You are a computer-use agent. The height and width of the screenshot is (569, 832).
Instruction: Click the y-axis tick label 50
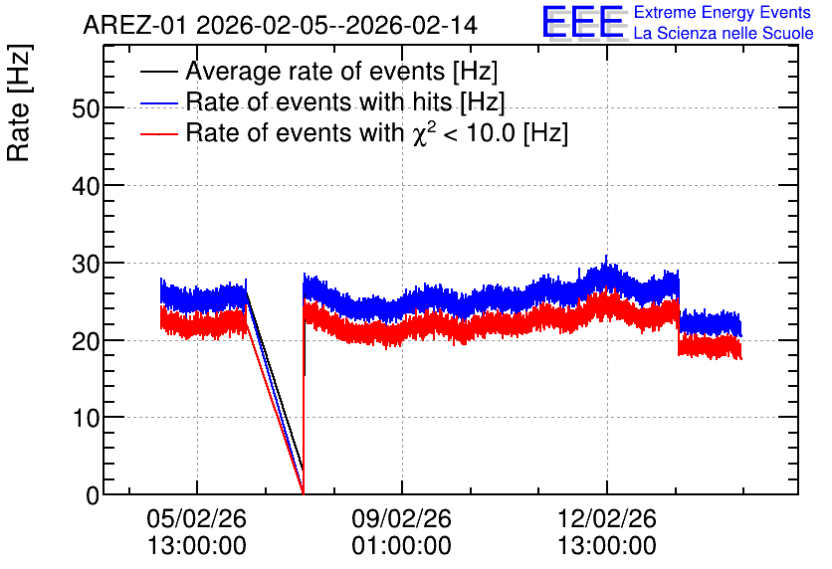coord(86,108)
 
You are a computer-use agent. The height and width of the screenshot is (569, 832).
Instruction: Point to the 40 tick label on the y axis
coord(86,186)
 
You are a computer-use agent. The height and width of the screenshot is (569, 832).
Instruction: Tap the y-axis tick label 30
coord(86,264)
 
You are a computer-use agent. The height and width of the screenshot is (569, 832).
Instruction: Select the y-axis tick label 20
coord(86,341)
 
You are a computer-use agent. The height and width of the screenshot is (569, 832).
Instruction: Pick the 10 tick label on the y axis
coord(86,419)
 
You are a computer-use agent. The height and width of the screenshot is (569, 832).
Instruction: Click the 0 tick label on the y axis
coord(93,495)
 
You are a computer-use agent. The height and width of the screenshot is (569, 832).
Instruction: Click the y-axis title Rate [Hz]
coord(19,102)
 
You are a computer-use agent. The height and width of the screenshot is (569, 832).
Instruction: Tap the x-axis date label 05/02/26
coord(196,518)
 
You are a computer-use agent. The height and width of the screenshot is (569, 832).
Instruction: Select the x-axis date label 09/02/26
coord(401,518)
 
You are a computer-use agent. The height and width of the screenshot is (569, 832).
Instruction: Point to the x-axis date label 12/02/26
coord(606,518)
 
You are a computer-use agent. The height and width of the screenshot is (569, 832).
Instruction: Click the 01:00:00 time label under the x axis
coord(401,546)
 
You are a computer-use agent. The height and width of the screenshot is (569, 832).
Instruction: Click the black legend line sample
coord(158,72)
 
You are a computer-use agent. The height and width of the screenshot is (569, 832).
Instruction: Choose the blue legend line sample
coord(158,102)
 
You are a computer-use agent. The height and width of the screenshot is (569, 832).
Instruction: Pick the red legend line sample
coord(158,133)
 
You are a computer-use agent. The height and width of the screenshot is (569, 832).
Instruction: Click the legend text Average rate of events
coord(315,72)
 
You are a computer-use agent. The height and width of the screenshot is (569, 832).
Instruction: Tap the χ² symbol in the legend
coord(424,133)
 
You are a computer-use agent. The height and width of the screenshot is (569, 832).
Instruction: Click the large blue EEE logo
coord(582,22)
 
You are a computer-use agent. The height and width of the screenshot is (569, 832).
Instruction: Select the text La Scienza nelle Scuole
coord(724,34)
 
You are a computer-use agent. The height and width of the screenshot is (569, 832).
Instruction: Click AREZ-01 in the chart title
coord(134,26)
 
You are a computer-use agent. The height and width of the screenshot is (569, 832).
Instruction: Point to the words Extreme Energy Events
coord(723,12)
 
